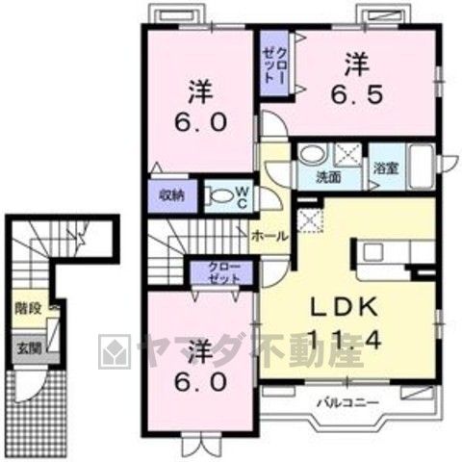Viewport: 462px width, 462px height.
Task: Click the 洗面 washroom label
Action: tap(328, 177)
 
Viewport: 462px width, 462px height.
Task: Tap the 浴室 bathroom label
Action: tap(386, 168)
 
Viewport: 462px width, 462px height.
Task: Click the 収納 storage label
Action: tap(172, 195)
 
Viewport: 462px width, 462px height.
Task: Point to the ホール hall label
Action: tap(269, 237)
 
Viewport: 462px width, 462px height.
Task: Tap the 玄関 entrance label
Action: tap(29, 348)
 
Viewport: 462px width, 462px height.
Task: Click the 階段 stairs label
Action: tap(28, 309)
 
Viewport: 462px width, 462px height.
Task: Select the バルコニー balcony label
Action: tap(348, 402)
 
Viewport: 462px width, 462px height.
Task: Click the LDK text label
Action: tap(344, 307)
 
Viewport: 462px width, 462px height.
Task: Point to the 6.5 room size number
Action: tap(357, 93)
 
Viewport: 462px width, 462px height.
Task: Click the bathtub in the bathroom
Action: tap(422, 167)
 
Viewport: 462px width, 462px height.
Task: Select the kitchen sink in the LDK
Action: tap(372, 252)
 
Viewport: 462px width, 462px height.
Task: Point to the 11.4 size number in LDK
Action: tap(345, 340)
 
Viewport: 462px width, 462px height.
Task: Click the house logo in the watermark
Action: tap(115, 351)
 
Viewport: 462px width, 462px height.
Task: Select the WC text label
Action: tap(243, 197)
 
